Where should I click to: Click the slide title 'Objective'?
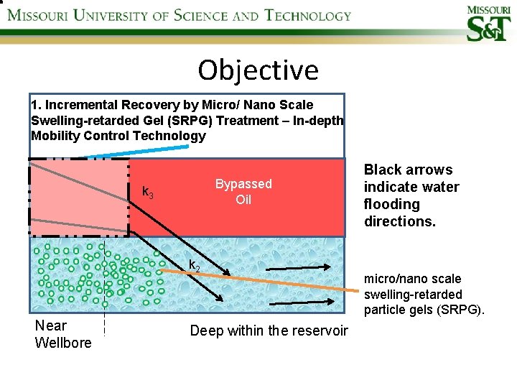258,70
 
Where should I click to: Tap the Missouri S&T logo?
489,24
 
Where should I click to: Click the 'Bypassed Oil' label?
243,191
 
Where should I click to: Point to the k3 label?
147,192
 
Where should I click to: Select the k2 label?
194,266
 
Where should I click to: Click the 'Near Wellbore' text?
63,334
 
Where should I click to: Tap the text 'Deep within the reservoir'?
269,331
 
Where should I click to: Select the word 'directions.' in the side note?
400,221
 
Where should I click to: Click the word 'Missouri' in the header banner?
39,15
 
